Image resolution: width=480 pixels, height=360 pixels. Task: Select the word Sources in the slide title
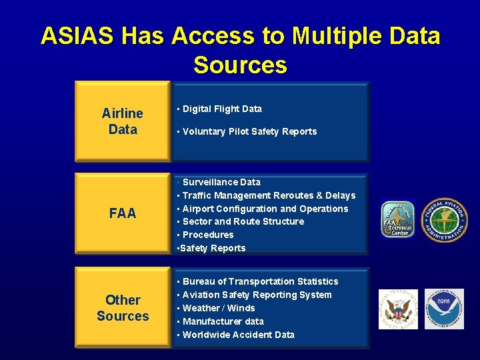[240, 65]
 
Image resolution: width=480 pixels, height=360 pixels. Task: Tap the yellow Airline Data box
[122, 121]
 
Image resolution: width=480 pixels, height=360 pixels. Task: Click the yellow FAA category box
[122, 213]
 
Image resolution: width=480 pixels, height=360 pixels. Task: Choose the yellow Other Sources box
[122, 308]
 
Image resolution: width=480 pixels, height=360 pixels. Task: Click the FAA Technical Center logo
[397, 220]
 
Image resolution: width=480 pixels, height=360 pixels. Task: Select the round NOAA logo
[444, 309]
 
